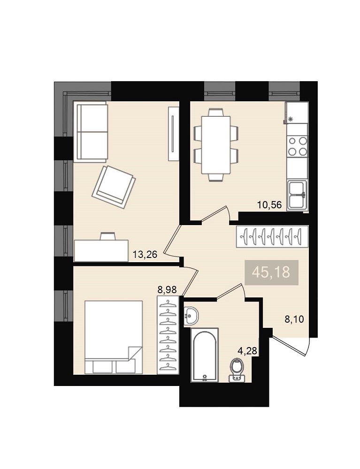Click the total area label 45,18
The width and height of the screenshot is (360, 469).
271,272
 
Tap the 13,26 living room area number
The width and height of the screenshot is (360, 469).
145,255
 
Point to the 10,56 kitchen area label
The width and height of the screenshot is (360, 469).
269,205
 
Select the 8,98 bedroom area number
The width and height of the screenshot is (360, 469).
167,289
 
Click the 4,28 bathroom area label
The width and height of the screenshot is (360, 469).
247,350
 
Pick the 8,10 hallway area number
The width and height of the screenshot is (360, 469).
294,319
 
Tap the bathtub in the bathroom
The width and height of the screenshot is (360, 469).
205,355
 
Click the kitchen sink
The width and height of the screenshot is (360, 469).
297,195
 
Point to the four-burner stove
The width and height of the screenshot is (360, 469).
298,146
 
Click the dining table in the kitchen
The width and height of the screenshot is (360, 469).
216,145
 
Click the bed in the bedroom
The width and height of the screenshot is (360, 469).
114,337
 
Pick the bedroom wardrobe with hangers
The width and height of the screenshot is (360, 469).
168,335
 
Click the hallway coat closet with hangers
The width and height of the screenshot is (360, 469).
272,236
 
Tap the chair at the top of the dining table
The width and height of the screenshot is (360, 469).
216,113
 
